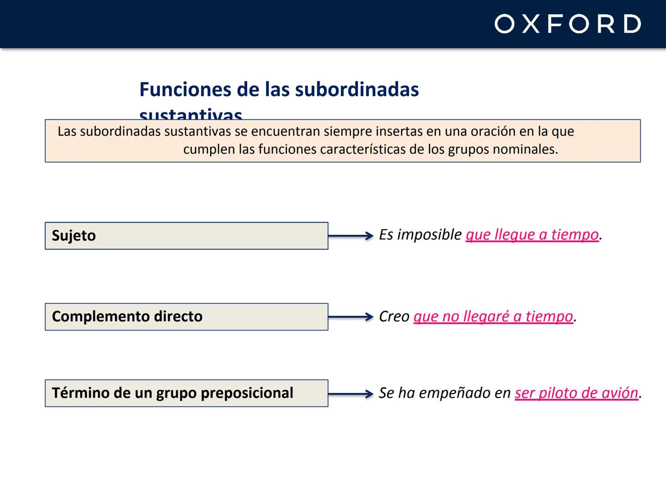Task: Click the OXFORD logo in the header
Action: [567, 24]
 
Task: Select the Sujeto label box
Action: [186, 236]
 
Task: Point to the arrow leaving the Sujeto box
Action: [351, 236]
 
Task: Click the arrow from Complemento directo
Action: [351, 317]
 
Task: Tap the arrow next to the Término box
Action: [351, 394]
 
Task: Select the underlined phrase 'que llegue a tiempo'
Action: [532, 235]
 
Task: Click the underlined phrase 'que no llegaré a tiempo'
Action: [493, 316]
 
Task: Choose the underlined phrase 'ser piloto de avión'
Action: [576, 393]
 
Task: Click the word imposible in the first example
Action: [430, 235]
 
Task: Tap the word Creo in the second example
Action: [394, 316]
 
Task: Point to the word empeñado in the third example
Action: [455, 393]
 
